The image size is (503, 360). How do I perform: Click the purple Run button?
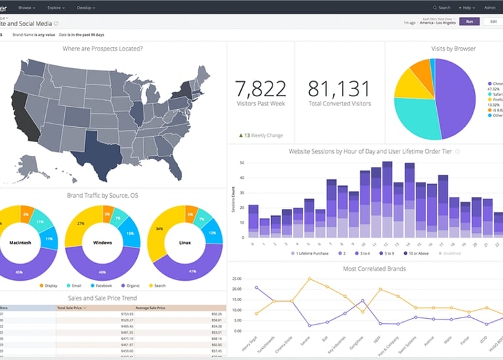tap(468, 22)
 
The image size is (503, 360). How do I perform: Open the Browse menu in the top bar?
tap(26, 7)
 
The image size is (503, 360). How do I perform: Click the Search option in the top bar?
tap(442, 7)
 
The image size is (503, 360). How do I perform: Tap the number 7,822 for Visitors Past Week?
tap(260, 88)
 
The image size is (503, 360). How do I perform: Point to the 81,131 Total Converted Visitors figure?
tap(339, 88)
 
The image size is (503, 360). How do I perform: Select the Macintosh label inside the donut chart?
tap(20, 242)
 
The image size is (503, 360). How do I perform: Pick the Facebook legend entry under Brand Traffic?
tap(100, 285)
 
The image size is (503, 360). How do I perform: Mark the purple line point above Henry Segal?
tap(256, 287)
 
